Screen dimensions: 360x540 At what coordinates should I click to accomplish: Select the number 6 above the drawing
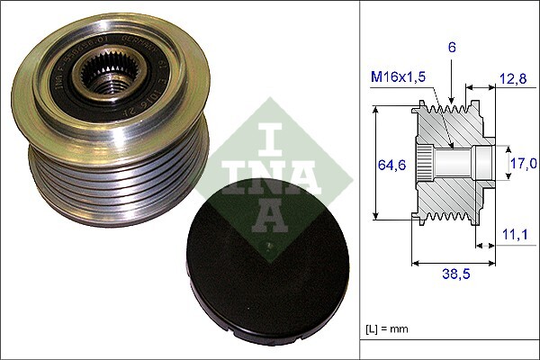click(453, 48)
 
